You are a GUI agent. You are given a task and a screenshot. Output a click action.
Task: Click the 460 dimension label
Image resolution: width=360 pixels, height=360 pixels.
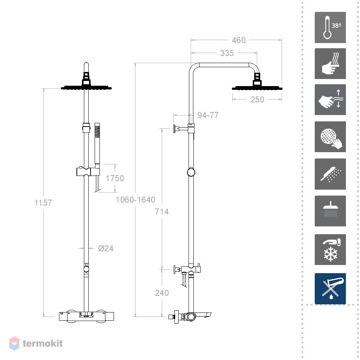[239, 40]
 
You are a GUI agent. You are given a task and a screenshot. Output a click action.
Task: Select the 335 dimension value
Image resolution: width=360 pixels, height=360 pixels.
[227, 53]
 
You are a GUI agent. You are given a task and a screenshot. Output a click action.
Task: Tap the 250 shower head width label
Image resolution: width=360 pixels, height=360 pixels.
[257, 99]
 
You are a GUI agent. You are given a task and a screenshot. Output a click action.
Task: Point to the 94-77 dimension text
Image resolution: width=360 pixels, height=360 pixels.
[208, 115]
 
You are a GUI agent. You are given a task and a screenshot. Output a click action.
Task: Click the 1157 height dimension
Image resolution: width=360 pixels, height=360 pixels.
[43, 203]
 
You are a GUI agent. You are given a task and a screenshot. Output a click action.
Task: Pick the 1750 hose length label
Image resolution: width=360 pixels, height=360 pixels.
[115, 178]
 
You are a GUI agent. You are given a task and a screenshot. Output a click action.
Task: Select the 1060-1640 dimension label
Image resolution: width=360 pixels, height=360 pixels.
[135, 200]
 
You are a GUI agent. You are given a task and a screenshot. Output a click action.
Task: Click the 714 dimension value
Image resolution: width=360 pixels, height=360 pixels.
[162, 212]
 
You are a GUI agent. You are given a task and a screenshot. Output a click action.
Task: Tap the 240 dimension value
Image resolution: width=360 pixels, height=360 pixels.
[162, 293]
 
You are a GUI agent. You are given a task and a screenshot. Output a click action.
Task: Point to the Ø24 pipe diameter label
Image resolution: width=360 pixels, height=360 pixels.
[106, 248]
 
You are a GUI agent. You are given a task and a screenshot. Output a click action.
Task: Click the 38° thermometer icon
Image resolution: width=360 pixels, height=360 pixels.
[330, 27]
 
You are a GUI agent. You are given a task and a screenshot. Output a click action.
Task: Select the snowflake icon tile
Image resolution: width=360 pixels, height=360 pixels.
[330, 249]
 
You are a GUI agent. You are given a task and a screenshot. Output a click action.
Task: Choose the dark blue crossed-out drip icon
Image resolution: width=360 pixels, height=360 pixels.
[330, 289]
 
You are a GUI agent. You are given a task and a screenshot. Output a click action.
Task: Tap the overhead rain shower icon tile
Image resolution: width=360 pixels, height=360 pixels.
[330, 211]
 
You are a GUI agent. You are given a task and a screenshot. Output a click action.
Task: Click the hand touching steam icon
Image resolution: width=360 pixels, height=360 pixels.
[330, 63]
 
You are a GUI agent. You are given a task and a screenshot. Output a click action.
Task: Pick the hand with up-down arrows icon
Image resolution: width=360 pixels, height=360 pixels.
[330, 99]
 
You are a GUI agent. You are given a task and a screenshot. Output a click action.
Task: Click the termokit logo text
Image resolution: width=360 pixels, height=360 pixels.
[43, 343]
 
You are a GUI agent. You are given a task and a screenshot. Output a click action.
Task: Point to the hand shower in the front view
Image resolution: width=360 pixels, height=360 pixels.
[97, 144]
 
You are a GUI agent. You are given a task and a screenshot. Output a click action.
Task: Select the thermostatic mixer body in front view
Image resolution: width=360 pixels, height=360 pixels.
[86, 316]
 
